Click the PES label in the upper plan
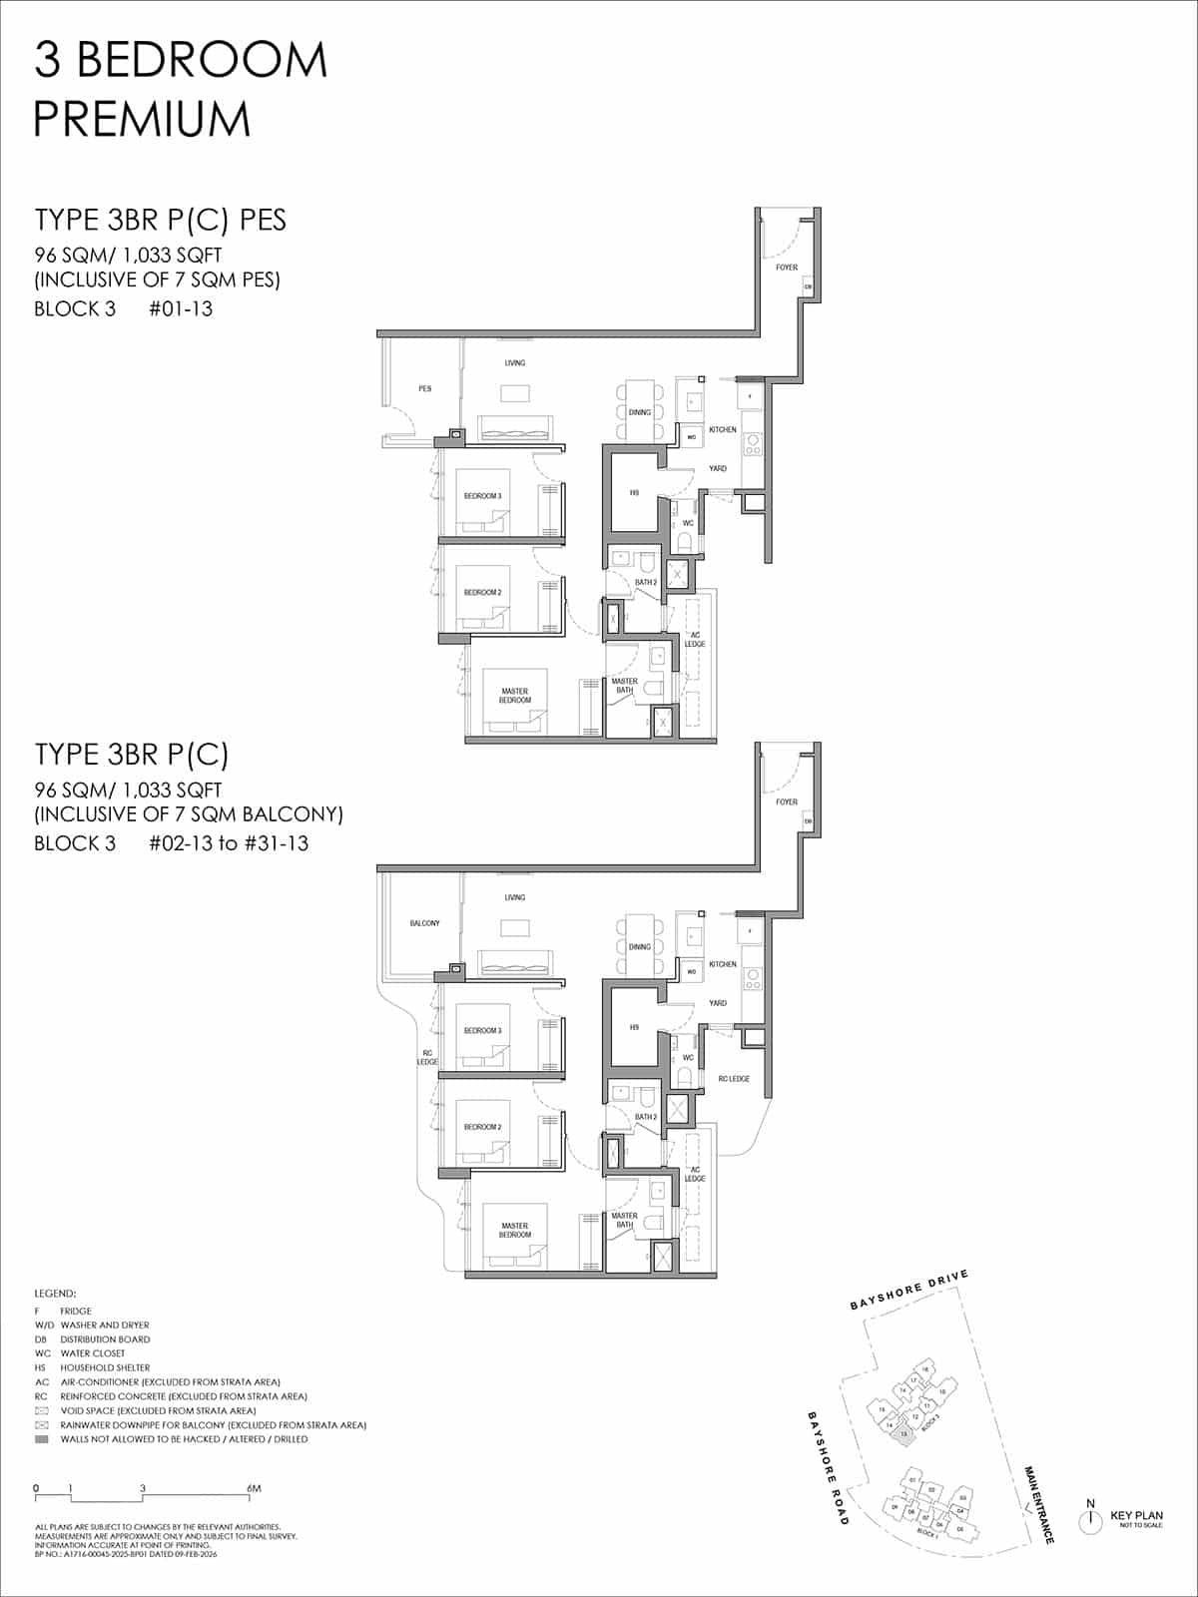point(425,388)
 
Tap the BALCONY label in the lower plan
point(424,923)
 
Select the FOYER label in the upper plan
point(787,267)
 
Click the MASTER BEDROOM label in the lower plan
point(515,1230)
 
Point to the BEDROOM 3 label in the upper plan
point(482,496)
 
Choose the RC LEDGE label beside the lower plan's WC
point(733,1079)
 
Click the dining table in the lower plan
point(640,946)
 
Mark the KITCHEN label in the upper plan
point(723,429)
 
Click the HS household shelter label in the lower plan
point(634,1027)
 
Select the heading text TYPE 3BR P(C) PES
point(160,220)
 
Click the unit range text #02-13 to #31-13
point(229,843)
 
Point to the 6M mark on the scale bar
point(254,1488)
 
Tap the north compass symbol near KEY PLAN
point(1090,1520)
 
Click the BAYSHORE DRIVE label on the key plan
point(908,1290)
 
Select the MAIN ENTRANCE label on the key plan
point(1038,1504)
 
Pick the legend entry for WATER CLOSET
point(92,1353)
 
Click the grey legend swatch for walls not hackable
point(41,1439)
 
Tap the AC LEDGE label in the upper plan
point(695,640)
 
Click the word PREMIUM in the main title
point(142,119)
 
